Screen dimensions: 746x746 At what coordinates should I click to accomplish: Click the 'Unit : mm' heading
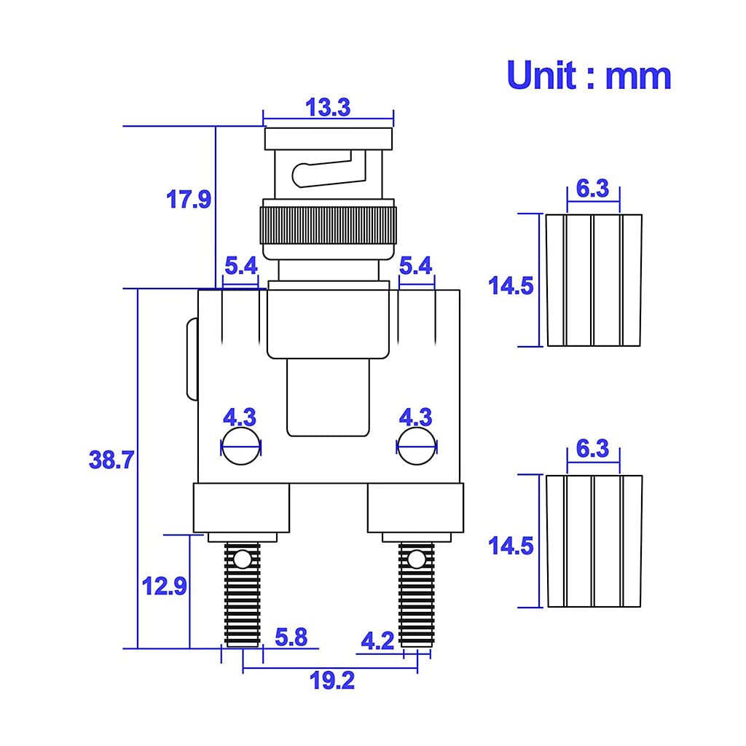[589, 75]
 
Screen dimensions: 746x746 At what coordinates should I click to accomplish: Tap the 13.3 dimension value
[328, 107]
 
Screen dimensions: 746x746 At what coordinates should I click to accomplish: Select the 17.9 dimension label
[189, 199]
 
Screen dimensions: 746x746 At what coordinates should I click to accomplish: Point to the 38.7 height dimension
[111, 460]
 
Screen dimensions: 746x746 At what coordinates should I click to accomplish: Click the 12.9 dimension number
[165, 586]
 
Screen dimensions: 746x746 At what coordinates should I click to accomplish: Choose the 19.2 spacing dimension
[332, 680]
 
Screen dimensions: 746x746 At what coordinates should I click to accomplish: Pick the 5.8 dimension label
[291, 637]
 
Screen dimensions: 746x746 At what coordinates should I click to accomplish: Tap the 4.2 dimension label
[377, 641]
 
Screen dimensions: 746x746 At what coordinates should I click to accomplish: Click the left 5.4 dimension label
[240, 265]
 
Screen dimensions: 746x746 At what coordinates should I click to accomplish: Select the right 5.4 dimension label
[415, 265]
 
